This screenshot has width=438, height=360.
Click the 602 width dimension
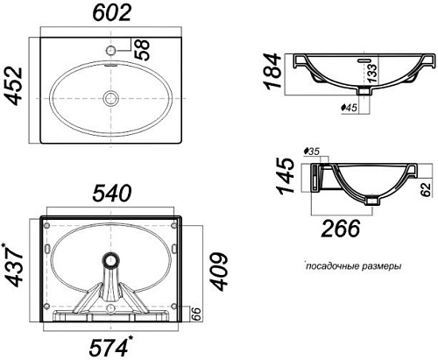[x=112, y=13]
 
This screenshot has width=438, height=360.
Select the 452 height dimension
[x=15, y=86]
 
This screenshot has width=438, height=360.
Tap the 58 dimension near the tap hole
[x=143, y=50]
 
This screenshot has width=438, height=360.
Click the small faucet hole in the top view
[x=111, y=50]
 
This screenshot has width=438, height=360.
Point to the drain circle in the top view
[x=111, y=98]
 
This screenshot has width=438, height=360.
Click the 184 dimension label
[x=272, y=71]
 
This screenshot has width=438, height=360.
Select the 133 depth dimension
[x=372, y=73]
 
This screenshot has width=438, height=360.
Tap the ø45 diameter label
[x=349, y=108]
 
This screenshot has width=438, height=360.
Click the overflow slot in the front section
[x=364, y=60]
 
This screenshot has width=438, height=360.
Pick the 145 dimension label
[x=285, y=175]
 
